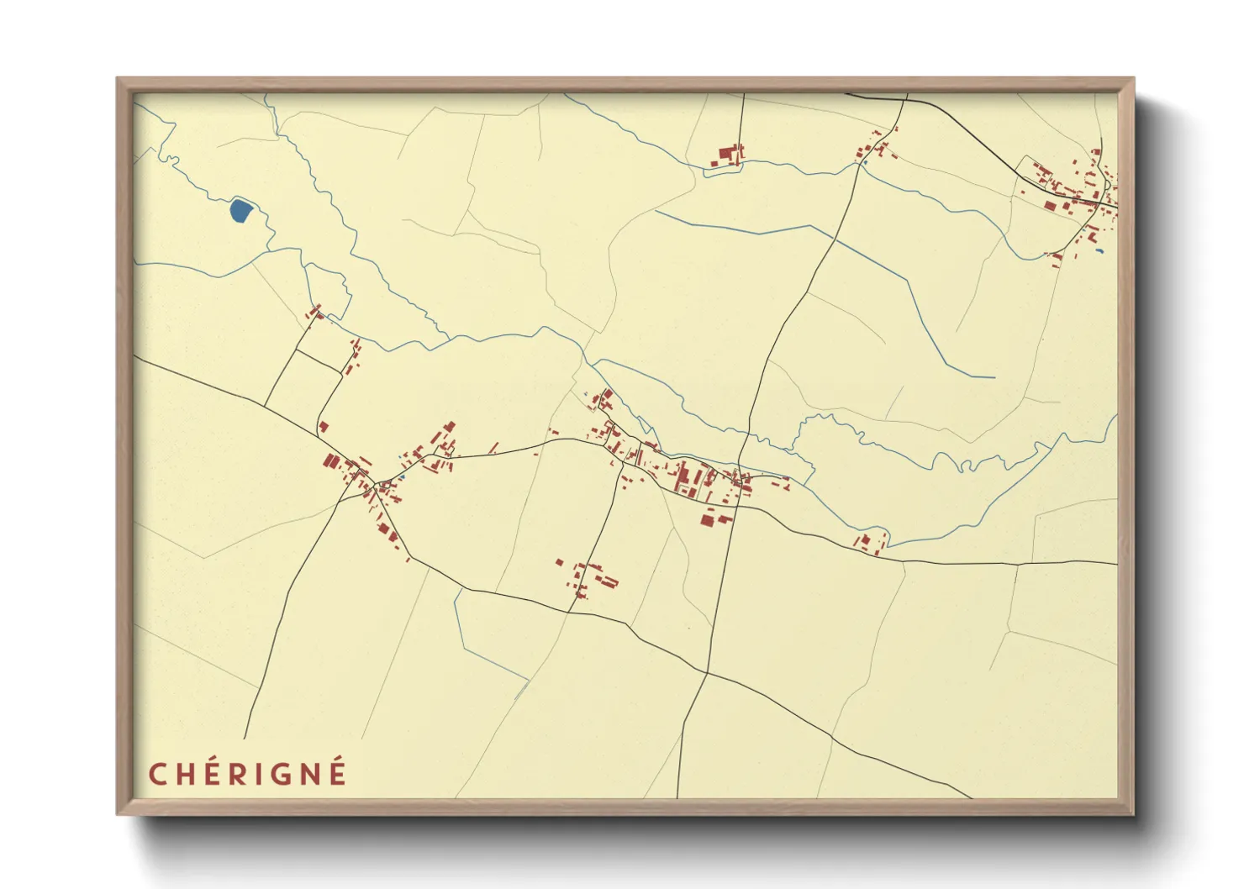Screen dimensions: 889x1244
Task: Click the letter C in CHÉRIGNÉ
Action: click(157, 774)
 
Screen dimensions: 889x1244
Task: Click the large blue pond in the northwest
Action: click(240, 210)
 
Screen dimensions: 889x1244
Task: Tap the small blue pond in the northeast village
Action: click(1098, 250)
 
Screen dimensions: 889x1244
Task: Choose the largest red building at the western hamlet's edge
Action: click(330, 460)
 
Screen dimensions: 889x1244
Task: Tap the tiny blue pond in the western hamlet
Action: click(401, 477)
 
